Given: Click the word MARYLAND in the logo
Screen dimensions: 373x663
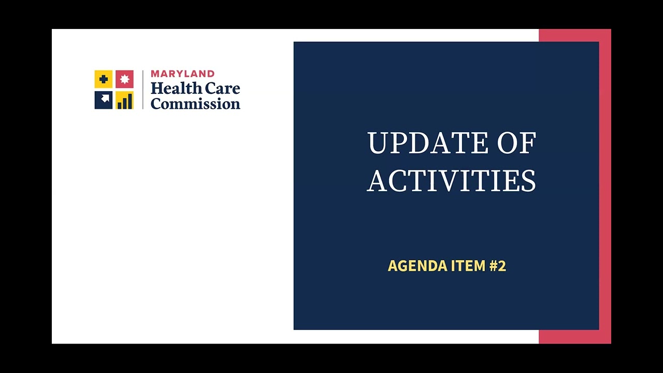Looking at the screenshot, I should [182, 74].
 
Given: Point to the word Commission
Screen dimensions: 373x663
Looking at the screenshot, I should [195, 104].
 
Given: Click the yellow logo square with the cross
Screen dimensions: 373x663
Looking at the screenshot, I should [104, 79].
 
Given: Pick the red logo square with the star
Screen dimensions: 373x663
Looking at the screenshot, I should [124, 79].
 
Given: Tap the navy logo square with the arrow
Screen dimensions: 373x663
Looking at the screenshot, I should [104, 100].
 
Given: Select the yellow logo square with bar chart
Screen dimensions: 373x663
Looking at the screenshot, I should [124, 100].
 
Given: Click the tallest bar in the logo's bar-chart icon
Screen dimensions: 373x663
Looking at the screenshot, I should [130, 101].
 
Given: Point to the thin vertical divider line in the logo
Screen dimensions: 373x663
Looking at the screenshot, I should [142, 89].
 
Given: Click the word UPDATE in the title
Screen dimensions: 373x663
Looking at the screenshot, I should [428, 143].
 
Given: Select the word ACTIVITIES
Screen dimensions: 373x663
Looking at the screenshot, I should [451, 181].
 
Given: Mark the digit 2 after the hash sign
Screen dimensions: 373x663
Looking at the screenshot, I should [501, 266].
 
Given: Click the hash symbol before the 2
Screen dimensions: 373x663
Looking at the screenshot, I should [493, 266].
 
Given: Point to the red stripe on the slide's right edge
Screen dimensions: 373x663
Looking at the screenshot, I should [605, 187].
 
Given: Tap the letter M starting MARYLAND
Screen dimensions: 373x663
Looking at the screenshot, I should [155, 74].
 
